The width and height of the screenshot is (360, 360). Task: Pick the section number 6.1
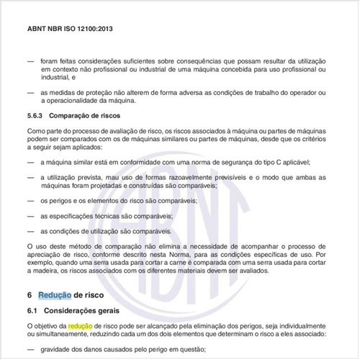[x=34, y=310]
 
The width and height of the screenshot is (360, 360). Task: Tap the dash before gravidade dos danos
[x=30, y=348]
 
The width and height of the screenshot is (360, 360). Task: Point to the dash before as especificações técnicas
[x=30, y=215]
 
